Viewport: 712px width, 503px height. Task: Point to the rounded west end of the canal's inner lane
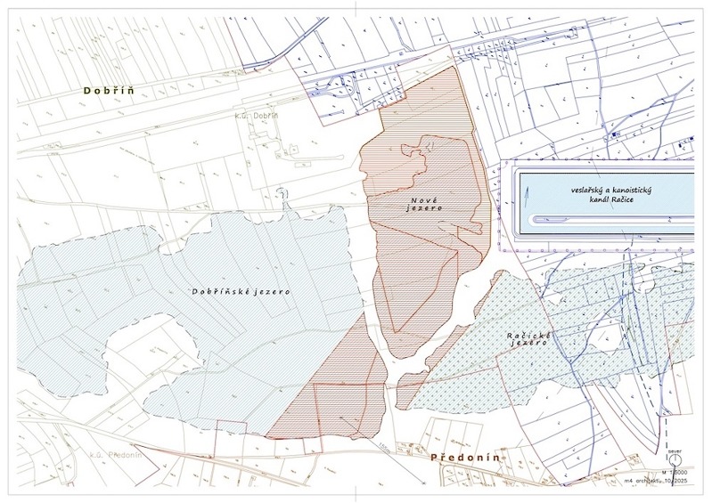[x=533, y=220]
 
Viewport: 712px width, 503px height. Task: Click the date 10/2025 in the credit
[x=683, y=481]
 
